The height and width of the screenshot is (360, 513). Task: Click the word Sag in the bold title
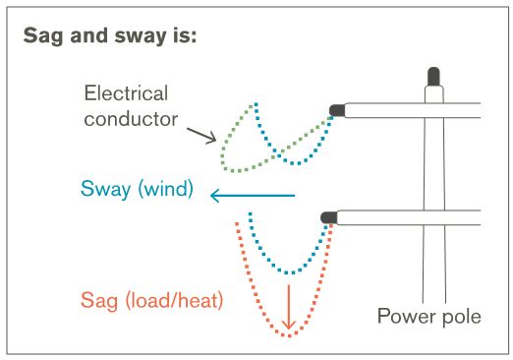(x=42, y=35)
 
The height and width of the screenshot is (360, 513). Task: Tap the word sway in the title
(x=140, y=35)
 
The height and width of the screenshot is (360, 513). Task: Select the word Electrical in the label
(x=126, y=92)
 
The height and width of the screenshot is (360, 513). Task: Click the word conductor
(x=131, y=119)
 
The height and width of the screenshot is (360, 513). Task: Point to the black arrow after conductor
(x=201, y=136)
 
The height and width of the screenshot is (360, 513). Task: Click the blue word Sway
(x=106, y=189)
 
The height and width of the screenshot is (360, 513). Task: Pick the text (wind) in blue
(x=166, y=189)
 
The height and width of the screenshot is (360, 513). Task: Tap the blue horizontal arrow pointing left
(x=253, y=196)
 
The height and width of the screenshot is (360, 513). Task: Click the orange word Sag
(x=99, y=301)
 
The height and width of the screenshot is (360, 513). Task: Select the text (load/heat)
(x=174, y=300)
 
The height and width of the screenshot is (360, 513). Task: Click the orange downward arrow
(x=289, y=307)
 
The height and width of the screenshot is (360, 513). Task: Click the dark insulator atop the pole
(x=433, y=77)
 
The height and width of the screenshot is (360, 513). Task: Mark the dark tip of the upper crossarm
(x=337, y=110)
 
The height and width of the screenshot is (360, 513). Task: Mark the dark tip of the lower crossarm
(x=329, y=217)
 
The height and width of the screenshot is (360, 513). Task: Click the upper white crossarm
(x=413, y=110)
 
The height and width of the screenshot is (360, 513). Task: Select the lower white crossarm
(x=409, y=217)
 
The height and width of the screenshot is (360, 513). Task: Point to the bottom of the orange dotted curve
(x=289, y=335)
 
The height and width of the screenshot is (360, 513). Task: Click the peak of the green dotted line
(x=254, y=105)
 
